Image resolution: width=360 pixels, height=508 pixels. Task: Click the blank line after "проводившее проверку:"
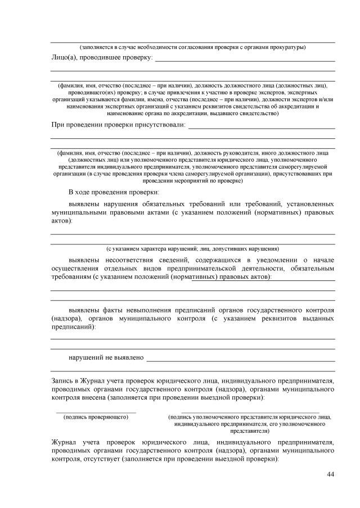coord(245,60)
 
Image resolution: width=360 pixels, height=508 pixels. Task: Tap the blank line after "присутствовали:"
coord(262,128)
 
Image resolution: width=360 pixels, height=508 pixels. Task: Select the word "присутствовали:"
coord(159,124)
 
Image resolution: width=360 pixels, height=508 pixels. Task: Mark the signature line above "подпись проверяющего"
coord(96,412)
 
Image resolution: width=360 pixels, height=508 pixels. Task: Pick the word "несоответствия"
coord(125,260)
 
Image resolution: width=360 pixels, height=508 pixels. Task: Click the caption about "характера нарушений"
coord(193,248)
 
